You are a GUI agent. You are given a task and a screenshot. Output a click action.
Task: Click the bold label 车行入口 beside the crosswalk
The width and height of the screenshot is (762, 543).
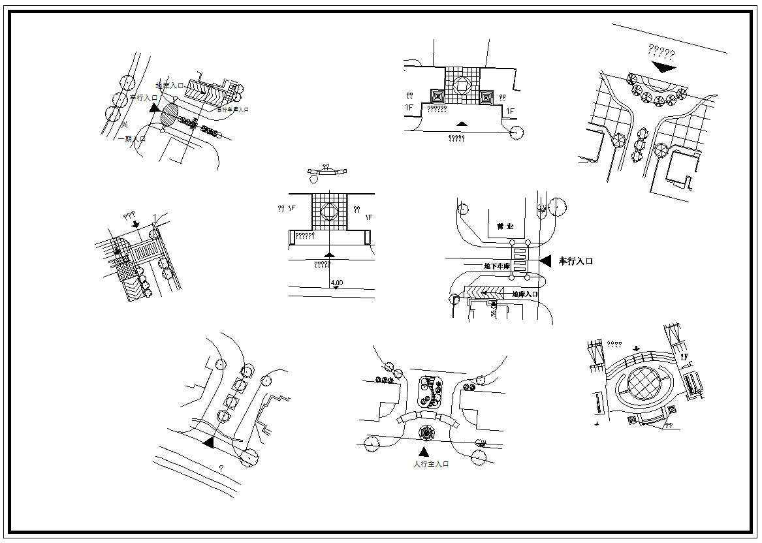(575, 261)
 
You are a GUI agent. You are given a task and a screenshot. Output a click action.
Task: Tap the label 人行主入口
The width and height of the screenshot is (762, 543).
(432, 464)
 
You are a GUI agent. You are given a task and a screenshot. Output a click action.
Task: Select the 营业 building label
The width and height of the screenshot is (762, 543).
(505, 226)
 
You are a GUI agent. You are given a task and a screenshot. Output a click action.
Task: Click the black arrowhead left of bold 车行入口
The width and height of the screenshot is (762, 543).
(546, 260)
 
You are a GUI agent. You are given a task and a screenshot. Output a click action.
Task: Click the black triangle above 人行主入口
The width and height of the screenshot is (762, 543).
(424, 452)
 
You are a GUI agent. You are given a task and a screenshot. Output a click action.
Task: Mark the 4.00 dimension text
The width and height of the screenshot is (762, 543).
(338, 283)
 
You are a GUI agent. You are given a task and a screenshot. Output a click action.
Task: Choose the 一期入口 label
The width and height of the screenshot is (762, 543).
(132, 139)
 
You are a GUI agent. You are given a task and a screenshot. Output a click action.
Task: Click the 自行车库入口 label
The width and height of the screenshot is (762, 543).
(233, 110)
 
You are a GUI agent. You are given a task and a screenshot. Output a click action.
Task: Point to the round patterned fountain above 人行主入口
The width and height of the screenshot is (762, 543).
(427, 431)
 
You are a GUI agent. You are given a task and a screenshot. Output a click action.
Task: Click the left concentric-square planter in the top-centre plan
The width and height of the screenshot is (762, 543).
(437, 98)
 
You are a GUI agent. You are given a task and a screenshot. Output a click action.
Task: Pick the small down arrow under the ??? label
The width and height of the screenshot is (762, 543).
(136, 224)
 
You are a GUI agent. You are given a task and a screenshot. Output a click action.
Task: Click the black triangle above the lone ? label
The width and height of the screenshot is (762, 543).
(209, 442)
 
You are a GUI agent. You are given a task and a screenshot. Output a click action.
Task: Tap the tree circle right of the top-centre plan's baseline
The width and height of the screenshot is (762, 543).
(516, 132)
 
